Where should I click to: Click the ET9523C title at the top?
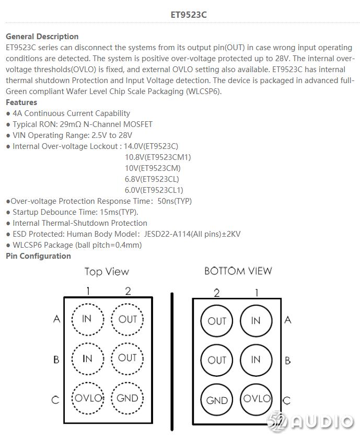189,15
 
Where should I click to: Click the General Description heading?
42,37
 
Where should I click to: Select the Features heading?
21,102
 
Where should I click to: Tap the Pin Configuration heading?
38,256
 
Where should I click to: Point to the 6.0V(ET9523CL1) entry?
154,190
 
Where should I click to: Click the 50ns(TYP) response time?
179,201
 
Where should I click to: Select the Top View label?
107,272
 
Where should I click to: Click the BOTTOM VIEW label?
238,271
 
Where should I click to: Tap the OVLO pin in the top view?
87,398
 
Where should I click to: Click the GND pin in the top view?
127,398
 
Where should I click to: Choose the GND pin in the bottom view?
217,400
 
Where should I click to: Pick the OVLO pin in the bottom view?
256,399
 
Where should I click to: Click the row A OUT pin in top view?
127,319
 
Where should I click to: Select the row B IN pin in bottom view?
256,360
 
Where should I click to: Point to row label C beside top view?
55,400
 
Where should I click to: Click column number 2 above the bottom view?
217,293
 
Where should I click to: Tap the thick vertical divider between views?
172,361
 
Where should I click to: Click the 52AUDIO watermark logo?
310,421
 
